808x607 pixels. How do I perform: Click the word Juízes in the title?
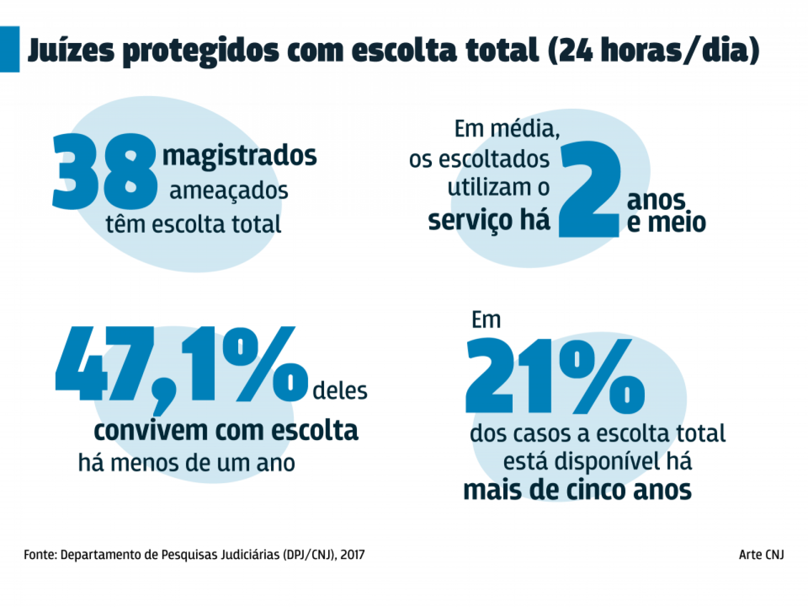point(71,51)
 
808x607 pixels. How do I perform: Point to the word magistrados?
point(239,155)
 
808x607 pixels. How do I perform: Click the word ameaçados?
point(229,191)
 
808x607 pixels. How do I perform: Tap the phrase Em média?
point(507,129)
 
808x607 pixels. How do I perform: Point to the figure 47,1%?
point(181,366)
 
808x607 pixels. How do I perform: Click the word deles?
point(340,391)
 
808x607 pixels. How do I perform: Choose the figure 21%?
point(554,376)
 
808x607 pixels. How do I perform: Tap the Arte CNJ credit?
point(761,555)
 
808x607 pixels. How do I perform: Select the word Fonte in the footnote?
point(40,555)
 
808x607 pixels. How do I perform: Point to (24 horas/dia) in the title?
point(653,51)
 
